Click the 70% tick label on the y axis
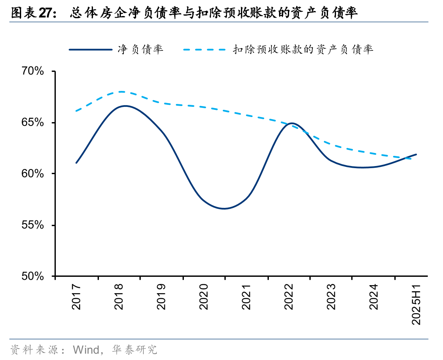tap(33, 71)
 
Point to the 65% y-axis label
tap(33, 123)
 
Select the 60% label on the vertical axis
tap(33, 174)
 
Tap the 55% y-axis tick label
tap(33, 225)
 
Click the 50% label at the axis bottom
tap(33, 276)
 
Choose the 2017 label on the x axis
tap(77, 297)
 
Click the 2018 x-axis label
tap(119, 297)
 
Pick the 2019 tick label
tap(161, 297)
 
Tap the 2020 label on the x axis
tap(204, 297)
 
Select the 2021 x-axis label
tap(246, 297)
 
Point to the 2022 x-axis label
tap(289, 297)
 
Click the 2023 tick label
tap(331, 297)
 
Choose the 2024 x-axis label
tap(374, 297)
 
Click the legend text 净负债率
tap(140, 49)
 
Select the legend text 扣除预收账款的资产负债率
tap(303, 49)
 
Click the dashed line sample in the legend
tap(205, 50)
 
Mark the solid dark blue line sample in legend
tap(90, 50)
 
